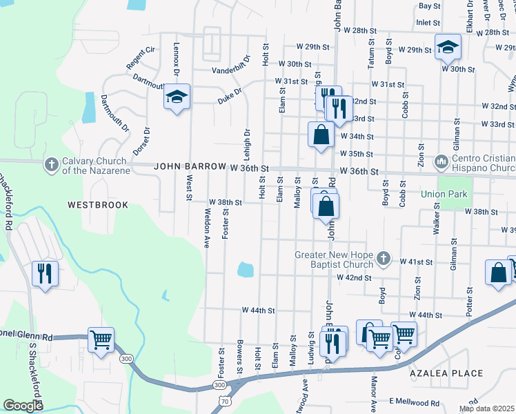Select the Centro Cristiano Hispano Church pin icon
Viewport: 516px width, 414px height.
(442, 163)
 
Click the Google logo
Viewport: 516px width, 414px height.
(23, 406)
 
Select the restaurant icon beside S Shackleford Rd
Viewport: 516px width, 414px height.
(45, 274)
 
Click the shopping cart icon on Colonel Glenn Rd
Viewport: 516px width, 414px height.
(101, 340)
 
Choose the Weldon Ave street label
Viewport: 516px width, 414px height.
(206, 231)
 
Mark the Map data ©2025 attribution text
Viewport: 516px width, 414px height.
(487, 408)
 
